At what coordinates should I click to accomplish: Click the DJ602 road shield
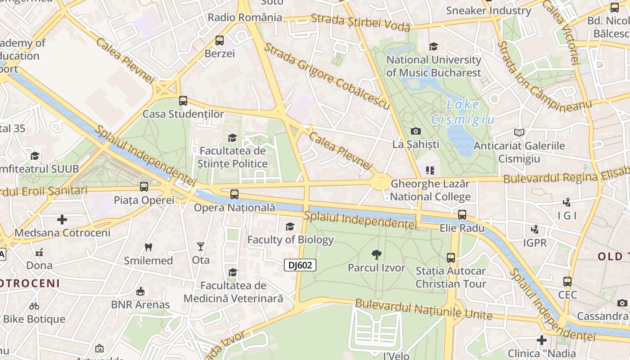coord(300,265)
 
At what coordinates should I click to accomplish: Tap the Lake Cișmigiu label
coord(463,112)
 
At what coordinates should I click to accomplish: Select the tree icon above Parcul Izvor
coord(376,255)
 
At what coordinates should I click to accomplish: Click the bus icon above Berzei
coord(220,40)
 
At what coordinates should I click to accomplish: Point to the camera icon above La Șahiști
coord(416,131)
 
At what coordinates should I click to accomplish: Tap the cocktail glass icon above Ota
coord(201,246)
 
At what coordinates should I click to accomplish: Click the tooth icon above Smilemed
coord(148,247)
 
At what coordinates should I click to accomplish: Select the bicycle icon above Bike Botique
coord(34,306)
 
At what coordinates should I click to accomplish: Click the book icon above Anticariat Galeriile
coord(519,132)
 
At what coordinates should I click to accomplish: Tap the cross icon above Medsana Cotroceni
coord(62,220)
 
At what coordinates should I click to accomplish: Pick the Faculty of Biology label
coord(291,240)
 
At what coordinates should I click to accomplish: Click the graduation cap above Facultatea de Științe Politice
coord(233,138)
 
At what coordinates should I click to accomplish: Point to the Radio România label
coord(245,18)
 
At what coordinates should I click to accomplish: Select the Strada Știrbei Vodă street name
coord(360,21)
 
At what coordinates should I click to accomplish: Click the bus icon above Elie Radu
coord(462,214)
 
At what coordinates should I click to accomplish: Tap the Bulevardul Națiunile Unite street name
coord(423,309)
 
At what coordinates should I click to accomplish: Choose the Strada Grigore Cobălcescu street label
coord(327,76)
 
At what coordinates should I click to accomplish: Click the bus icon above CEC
coord(567,282)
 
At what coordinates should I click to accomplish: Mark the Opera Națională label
coord(234,207)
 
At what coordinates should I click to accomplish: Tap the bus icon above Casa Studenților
coord(183,100)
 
